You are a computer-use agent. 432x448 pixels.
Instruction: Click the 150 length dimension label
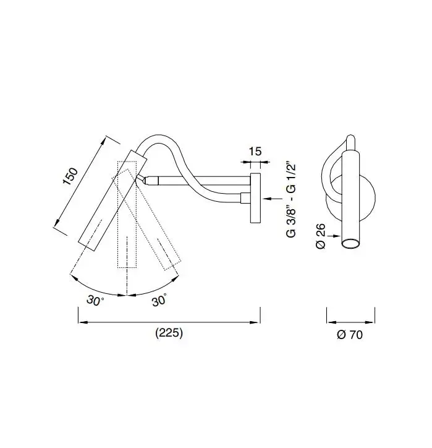point(70,176)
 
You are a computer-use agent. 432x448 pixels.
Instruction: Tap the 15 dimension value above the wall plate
point(255,152)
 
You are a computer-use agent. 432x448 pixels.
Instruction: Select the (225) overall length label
point(169,333)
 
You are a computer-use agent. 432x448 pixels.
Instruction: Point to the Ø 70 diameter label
point(350,335)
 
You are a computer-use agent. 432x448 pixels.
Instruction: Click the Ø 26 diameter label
point(321,236)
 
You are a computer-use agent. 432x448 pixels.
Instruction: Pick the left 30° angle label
point(95,301)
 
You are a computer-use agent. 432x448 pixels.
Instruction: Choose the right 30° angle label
point(159,300)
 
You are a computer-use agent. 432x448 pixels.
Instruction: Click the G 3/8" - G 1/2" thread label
point(291,201)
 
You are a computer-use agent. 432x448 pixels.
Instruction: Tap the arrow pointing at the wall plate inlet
point(273,199)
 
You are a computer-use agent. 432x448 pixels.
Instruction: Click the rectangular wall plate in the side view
point(255,198)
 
